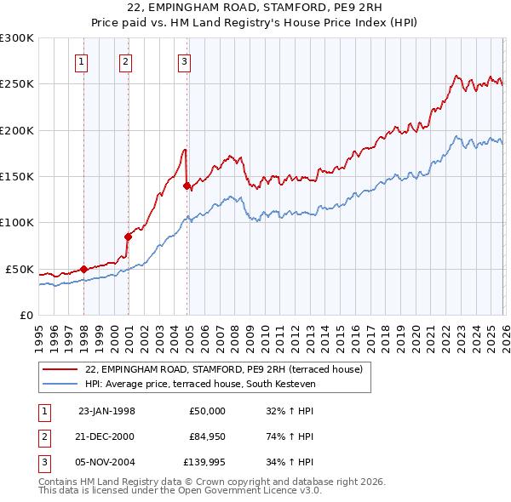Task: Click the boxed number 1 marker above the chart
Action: (x=83, y=60)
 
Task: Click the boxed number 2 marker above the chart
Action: (x=125, y=60)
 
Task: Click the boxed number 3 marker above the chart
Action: (x=184, y=60)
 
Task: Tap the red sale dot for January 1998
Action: (x=83, y=269)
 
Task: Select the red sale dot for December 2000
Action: (x=128, y=237)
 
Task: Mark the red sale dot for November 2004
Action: (x=187, y=186)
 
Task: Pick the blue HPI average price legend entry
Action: (x=200, y=385)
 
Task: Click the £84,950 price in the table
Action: (x=208, y=436)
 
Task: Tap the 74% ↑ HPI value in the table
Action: (x=290, y=436)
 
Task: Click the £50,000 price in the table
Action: (x=208, y=410)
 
